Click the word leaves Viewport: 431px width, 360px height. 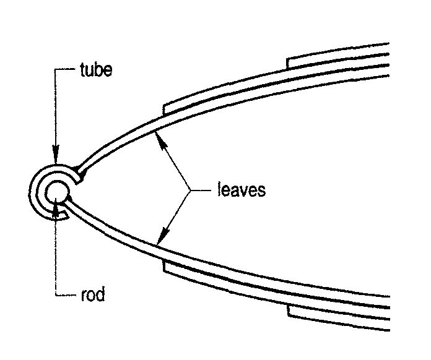tap(242, 189)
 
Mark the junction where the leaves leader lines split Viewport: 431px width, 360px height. tap(188, 189)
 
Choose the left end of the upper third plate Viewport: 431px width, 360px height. tap(289, 62)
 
